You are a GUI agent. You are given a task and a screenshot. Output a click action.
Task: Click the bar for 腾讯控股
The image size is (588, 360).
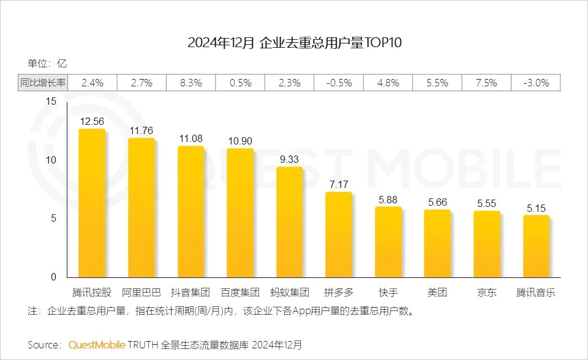pyautogui.click(x=92, y=203)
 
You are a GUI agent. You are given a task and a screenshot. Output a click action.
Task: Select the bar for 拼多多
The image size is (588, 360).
pyautogui.click(x=338, y=235)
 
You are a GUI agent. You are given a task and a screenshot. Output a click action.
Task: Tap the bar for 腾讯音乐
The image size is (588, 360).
pyautogui.click(x=536, y=247)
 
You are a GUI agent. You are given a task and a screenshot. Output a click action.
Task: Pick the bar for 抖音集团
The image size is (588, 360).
pyautogui.click(x=190, y=212)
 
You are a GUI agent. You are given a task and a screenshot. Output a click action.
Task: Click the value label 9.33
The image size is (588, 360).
pyautogui.click(x=290, y=159)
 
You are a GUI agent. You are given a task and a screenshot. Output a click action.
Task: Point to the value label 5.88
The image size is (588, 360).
pyautogui.click(x=388, y=199)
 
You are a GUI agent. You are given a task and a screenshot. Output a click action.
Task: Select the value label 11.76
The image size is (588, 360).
pyautogui.click(x=141, y=130)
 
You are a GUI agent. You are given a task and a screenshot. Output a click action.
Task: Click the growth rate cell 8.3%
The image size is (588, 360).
pyautogui.click(x=190, y=83)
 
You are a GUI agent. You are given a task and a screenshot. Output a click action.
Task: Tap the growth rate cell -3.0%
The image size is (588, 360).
pyautogui.click(x=536, y=83)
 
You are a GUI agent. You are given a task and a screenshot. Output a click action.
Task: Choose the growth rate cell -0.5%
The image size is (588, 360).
pyautogui.click(x=338, y=83)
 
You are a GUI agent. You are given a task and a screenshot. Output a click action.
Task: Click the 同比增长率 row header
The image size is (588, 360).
pyautogui.click(x=42, y=83)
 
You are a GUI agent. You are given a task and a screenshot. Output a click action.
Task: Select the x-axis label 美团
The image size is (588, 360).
pyautogui.click(x=437, y=292)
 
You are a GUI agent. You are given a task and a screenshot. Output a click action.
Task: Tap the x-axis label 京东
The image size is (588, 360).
pyautogui.click(x=487, y=292)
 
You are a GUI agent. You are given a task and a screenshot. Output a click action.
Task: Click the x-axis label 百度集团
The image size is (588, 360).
pyautogui.click(x=240, y=292)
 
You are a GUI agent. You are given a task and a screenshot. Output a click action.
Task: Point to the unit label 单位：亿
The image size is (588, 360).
pyautogui.click(x=47, y=62)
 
